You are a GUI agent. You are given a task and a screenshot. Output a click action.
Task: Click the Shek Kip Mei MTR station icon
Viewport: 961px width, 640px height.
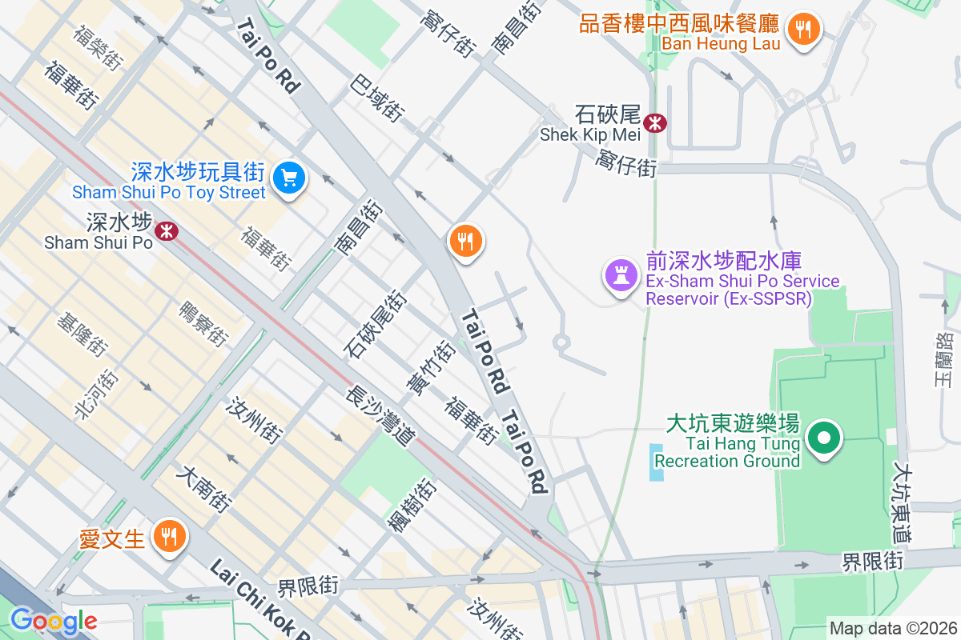[x=655, y=122]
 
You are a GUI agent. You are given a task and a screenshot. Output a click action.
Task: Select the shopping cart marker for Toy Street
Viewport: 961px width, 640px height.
[x=288, y=178]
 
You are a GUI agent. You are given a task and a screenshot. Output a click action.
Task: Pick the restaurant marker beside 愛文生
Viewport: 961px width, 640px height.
[x=168, y=536]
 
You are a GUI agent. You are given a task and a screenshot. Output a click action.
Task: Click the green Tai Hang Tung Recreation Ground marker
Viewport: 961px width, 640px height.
[x=823, y=438]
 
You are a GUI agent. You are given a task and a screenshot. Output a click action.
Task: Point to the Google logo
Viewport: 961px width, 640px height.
[x=54, y=620]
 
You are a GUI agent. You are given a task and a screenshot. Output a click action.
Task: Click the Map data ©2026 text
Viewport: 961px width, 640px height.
[x=892, y=628]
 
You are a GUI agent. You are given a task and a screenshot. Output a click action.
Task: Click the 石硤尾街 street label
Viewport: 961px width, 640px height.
[x=376, y=325]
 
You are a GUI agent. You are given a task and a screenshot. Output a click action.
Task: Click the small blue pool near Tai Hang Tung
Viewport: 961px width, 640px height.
[x=657, y=463]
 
